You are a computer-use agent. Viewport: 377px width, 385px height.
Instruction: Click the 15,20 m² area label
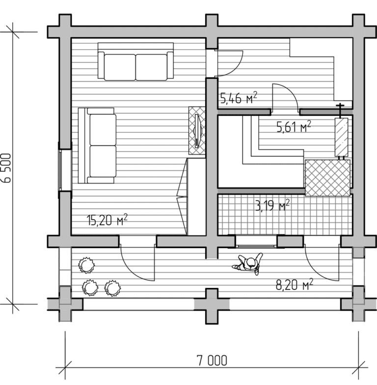[x=107, y=220]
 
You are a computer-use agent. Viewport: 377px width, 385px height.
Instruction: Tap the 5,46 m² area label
[x=239, y=98]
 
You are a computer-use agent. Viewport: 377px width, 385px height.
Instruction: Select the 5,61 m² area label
[x=294, y=127]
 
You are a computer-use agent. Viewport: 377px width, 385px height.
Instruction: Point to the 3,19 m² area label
[x=272, y=205]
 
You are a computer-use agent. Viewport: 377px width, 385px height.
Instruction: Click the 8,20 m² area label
[x=295, y=285]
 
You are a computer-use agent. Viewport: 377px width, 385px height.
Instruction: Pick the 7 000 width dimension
[x=212, y=360]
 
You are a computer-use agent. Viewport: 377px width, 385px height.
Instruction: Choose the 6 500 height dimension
[x=6, y=168]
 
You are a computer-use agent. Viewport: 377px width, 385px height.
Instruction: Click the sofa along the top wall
[x=135, y=62]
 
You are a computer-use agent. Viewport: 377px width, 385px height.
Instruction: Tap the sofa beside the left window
[x=97, y=146]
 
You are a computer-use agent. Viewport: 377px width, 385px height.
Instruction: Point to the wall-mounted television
[x=197, y=130]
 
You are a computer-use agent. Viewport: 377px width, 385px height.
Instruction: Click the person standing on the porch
[x=248, y=264]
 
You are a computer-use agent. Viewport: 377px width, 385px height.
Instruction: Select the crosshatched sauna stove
[x=327, y=178]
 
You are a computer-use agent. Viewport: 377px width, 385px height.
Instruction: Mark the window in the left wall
[x=65, y=170]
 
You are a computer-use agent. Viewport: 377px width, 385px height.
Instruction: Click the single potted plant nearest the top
[x=86, y=265]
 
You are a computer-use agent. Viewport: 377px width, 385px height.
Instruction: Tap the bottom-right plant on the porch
[x=112, y=288]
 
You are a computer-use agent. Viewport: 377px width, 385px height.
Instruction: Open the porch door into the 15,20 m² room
[x=137, y=263]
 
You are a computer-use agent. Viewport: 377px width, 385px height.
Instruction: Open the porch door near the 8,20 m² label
[x=322, y=263]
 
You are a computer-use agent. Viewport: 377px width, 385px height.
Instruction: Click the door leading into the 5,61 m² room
[x=285, y=97]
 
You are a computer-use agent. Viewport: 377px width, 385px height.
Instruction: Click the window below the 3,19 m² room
[x=256, y=241]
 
